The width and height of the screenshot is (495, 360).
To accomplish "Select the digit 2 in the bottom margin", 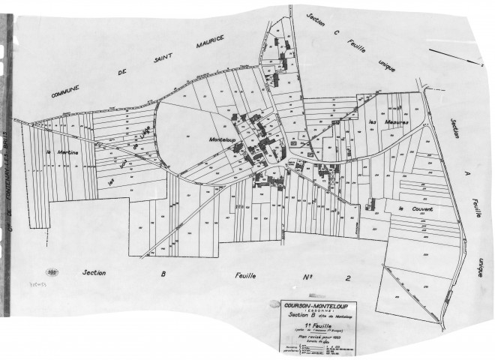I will (346, 278).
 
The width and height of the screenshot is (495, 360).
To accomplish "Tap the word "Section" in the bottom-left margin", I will (98, 274).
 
